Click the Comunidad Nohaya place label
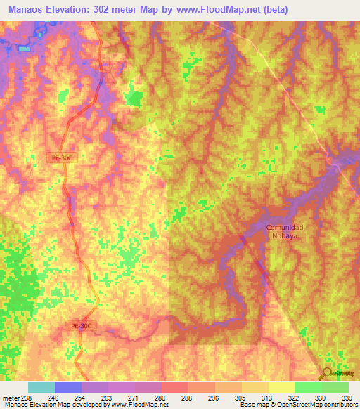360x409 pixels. (x=285, y=232)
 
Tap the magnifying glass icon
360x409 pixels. (x=326, y=373)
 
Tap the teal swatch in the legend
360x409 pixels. (x=41, y=387)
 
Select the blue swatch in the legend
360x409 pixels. (x=68, y=387)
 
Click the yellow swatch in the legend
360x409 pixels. (x=282, y=387)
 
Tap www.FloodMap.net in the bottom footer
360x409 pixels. (x=139, y=405)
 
